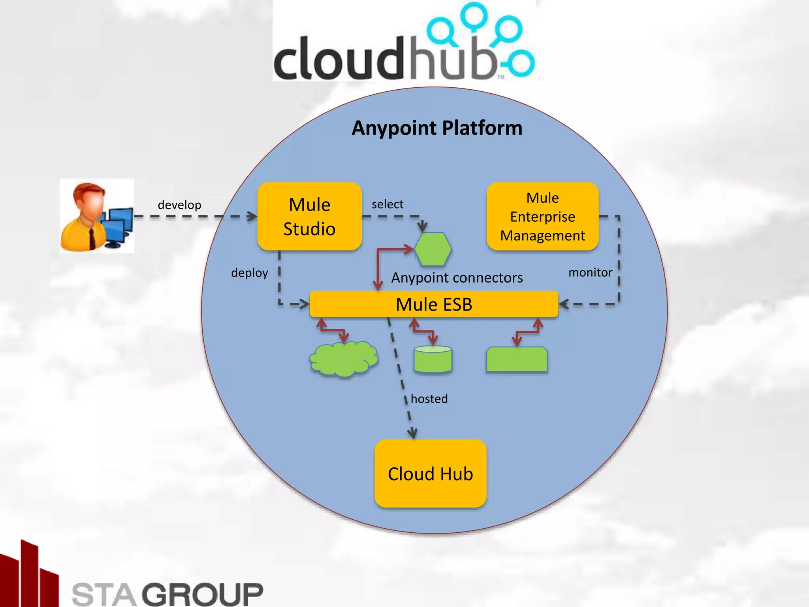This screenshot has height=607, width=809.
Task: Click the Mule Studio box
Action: point(309,216)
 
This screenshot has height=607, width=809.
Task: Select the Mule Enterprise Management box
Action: point(542,216)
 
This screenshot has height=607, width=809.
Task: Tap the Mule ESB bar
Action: point(434,304)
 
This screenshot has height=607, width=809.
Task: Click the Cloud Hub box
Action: point(430,473)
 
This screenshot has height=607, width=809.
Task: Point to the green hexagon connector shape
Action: point(433,249)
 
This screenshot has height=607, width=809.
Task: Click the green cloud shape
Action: point(343,359)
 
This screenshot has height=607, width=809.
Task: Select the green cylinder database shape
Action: point(433,359)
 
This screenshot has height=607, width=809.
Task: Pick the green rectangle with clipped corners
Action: point(517,359)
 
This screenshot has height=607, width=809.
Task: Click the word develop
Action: point(179,205)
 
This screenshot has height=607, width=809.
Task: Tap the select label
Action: point(387,204)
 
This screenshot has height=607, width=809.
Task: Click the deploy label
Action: point(249,273)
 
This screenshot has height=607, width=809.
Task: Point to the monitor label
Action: point(590,272)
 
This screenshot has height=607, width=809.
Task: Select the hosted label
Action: point(429,398)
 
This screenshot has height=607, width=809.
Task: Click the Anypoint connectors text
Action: point(457,277)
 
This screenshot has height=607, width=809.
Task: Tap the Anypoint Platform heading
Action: point(437,128)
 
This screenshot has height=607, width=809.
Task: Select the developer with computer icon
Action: point(97,216)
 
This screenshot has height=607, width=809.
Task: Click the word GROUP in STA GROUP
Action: point(203,594)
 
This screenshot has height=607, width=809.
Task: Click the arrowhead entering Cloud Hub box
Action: point(412,434)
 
